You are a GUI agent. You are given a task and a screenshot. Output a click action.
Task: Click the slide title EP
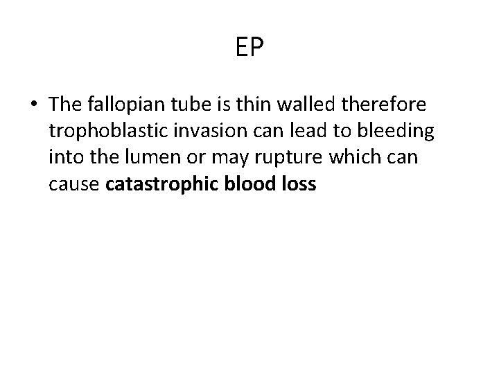[x=249, y=48]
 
